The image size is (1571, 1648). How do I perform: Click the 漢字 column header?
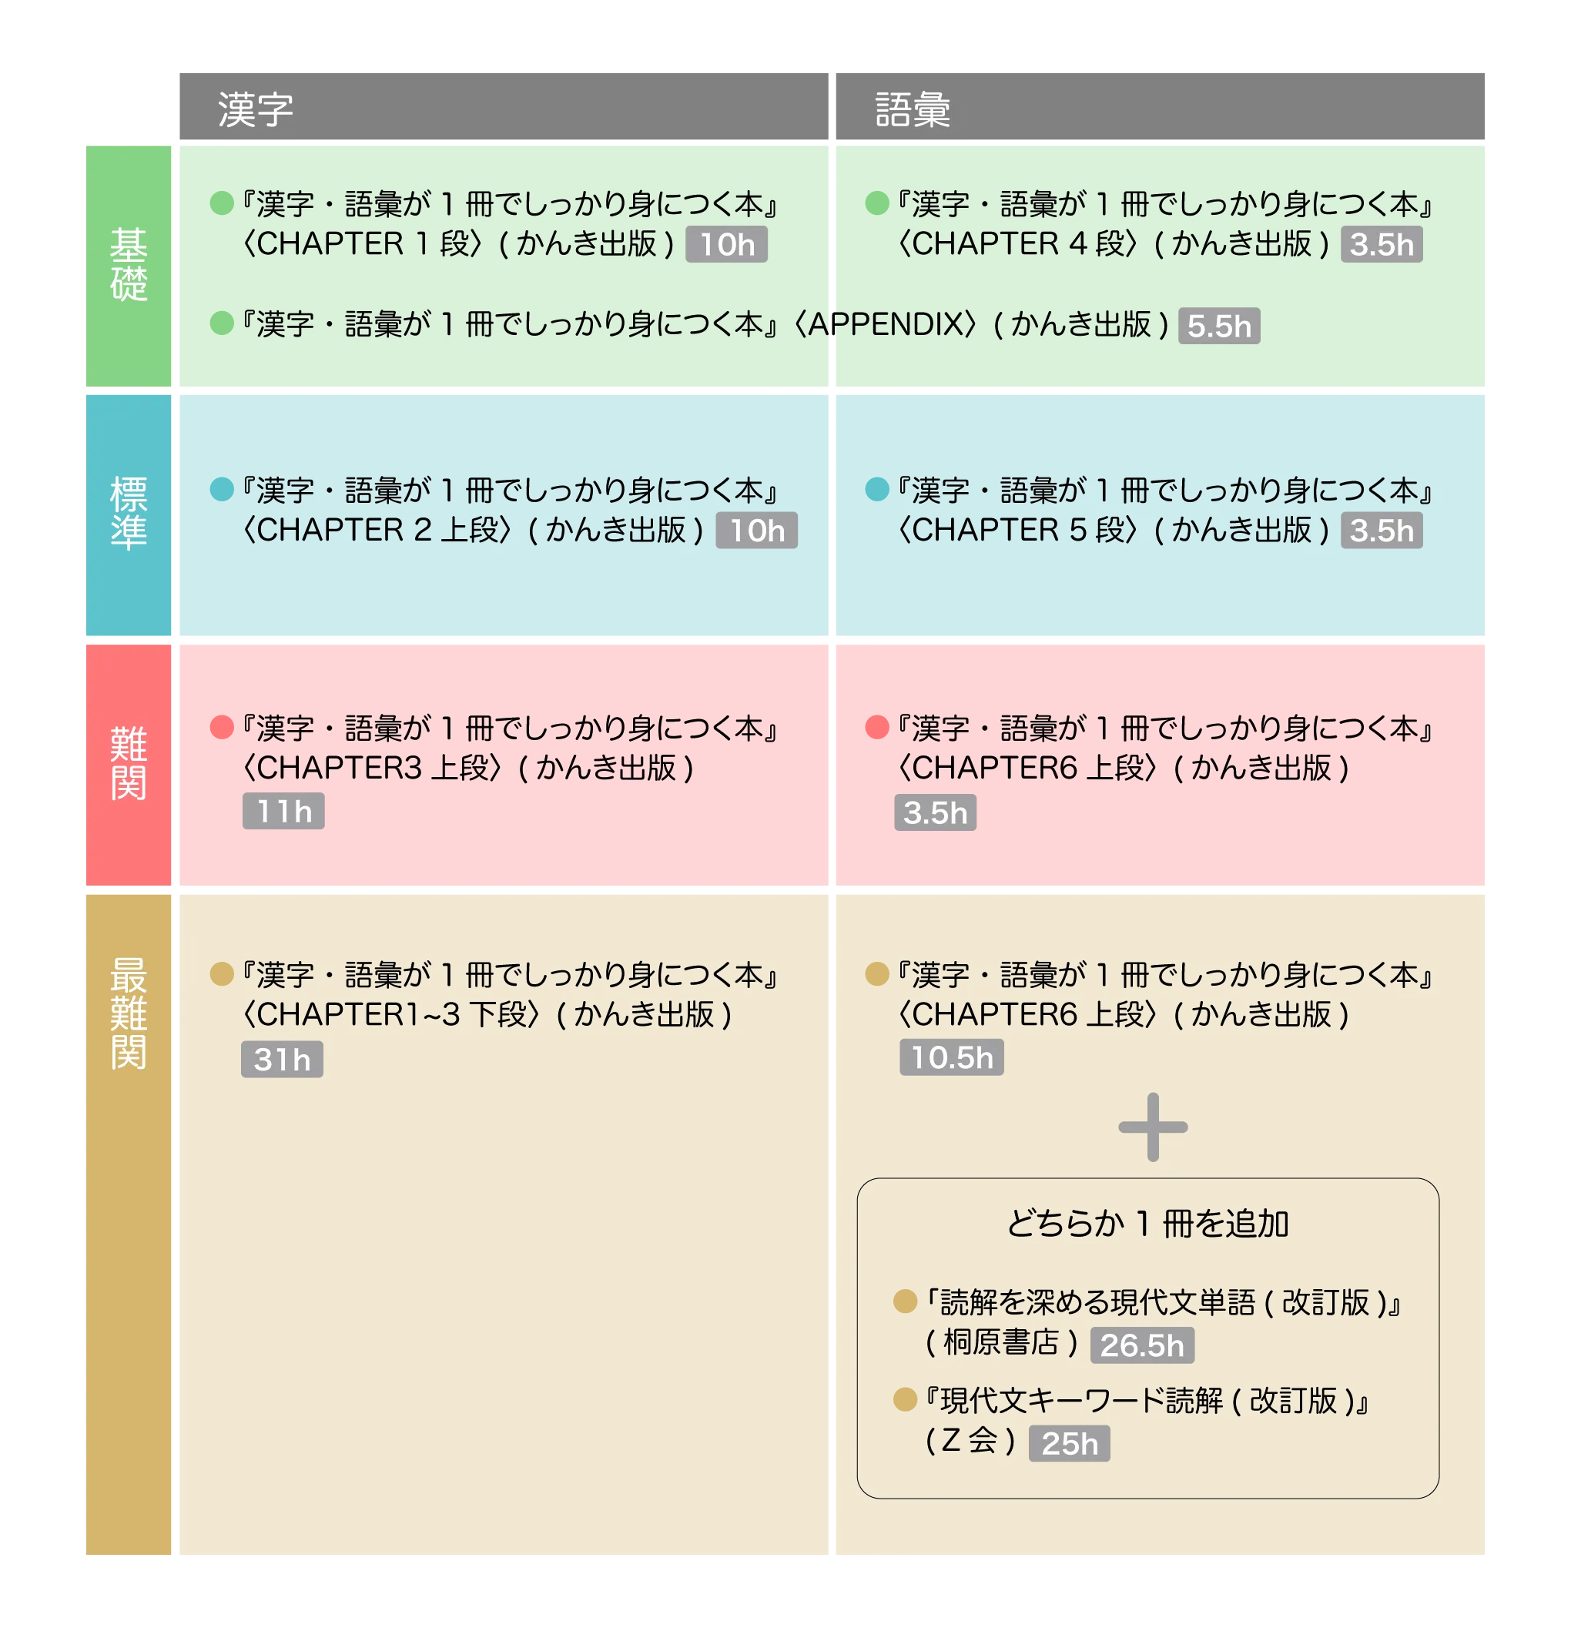coord(256,109)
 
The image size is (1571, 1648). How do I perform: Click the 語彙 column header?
coord(912,109)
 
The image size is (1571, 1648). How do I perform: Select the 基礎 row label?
coord(129,265)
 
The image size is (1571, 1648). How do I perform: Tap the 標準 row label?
coord(129,514)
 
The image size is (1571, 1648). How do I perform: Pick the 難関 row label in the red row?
coord(129,763)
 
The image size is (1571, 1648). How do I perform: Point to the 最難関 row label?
coord(129,1013)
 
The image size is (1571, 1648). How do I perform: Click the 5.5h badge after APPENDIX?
coord(1218,326)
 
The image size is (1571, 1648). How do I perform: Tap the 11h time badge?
coord(283,812)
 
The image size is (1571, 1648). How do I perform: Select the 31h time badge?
coord(281,1060)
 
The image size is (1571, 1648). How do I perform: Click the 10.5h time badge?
coord(951,1057)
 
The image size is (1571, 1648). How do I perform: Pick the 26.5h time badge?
coord(1141,1345)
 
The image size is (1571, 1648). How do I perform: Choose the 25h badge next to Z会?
coord(1069,1444)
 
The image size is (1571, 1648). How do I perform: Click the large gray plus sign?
coord(1152,1127)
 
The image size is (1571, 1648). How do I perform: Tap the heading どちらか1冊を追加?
coord(1147,1224)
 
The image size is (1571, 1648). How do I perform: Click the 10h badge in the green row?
coord(727,245)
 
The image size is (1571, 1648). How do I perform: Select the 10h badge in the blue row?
coord(756,531)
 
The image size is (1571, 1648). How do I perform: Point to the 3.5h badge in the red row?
coord(935,812)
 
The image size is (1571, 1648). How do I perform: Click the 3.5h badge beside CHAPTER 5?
coord(1381,531)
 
